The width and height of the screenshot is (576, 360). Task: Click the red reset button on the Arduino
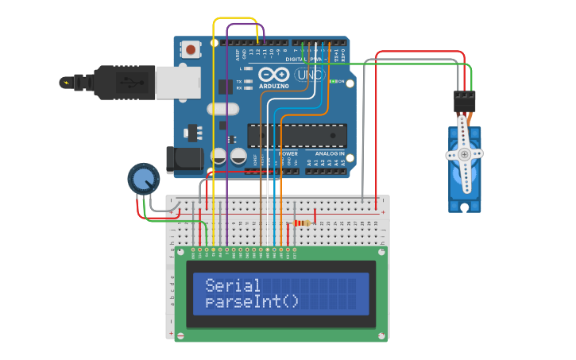pyautogui.click(x=191, y=50)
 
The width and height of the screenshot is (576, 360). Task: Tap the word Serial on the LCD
pyautogui.click(x=233, y=285)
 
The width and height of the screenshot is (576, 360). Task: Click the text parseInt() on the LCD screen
pyautogui.click(x=252, y=302)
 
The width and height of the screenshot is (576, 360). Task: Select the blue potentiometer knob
pyautogui.click(x=143, y=180)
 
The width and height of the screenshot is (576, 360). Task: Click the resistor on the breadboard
pyautogui.click(x=302, y=223)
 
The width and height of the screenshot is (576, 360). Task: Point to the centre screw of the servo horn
pyautogui.click(x=464, y=156)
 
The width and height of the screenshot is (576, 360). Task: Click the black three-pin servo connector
pyautogui.click(x=464, y=101)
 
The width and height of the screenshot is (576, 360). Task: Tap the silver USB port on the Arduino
pyautogui.click(x=177, y=82)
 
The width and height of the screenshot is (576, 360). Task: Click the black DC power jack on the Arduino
pyautogui.click(x=185, y=160)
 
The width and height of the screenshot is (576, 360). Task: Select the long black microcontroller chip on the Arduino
pyautogui.click(x=296, y=135)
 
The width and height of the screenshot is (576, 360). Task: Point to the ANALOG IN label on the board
pyautogui.click(x=330, y=153)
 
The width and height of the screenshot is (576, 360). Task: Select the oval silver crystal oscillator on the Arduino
pyautogui.click(x=222, y=109)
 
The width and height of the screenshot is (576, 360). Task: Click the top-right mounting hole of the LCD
pyautogui.click(x=381, y=253)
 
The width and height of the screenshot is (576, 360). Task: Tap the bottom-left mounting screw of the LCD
pyautogui.click(x=180, y=336)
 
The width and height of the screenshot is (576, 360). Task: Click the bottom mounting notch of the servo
pyautogui.click(x=464, y=207)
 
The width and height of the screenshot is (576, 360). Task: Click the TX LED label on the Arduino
pyautogui.click(x=240, y=81)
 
